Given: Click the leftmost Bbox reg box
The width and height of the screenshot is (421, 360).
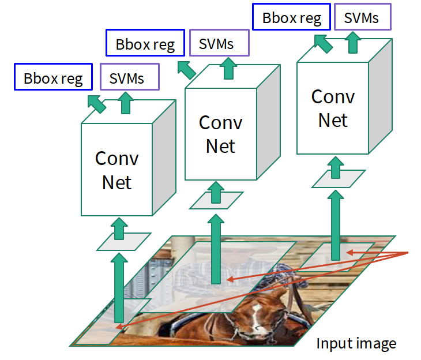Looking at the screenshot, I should click(53, 77).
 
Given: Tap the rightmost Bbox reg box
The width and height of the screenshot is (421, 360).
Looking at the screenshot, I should click(291, 17).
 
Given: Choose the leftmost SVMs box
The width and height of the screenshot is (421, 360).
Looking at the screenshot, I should click(129, 77).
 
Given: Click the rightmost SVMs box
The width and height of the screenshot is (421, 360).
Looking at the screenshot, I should click(362, 17).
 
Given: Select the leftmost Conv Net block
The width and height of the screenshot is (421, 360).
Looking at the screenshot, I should click(117, 170).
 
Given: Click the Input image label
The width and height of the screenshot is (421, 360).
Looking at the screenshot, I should click(356, 344).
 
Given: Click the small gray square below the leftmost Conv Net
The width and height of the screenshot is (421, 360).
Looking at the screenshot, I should click(123, 241).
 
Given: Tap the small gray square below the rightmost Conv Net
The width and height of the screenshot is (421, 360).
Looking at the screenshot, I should click(338, 178).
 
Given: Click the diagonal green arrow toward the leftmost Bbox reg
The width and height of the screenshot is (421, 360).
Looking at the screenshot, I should click(96, 104).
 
